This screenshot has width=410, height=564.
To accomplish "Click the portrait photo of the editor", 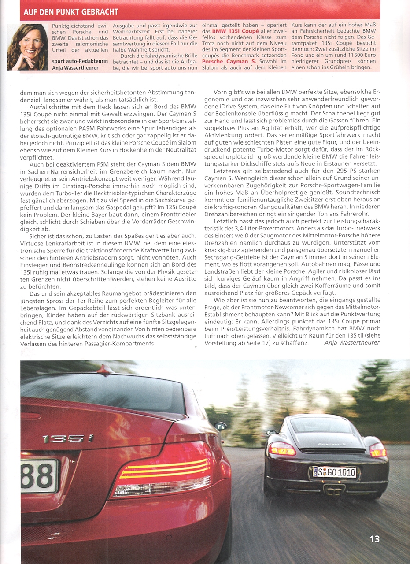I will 28,47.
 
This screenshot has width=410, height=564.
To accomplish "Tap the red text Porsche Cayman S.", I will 229,61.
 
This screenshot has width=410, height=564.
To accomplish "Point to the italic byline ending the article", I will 351,342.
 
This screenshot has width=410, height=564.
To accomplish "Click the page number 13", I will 374,539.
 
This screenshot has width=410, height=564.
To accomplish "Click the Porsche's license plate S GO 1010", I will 334,472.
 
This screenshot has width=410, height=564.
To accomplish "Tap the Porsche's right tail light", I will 377,450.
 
